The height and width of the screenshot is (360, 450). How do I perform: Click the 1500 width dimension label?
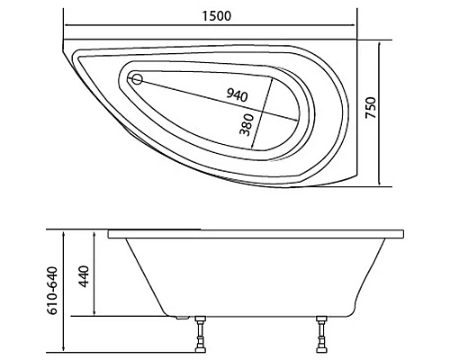(x=210, y=15)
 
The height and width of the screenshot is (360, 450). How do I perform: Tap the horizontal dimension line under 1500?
(x=210, y=26)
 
